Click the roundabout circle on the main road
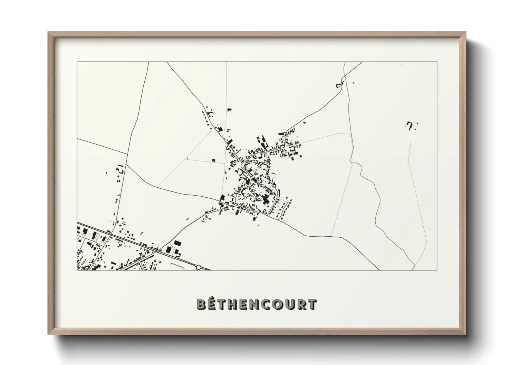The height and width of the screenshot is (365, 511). click(198, 266)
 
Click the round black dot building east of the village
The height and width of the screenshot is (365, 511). click(300, 156)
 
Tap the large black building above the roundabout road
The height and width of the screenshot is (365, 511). click(177, 243)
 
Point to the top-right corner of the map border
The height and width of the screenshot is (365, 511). click(437, 62)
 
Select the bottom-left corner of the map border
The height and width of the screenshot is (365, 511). click(77, 270)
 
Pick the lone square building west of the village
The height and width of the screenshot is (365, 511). click(213, 160)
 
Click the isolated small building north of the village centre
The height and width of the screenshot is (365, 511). click(229, 110)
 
